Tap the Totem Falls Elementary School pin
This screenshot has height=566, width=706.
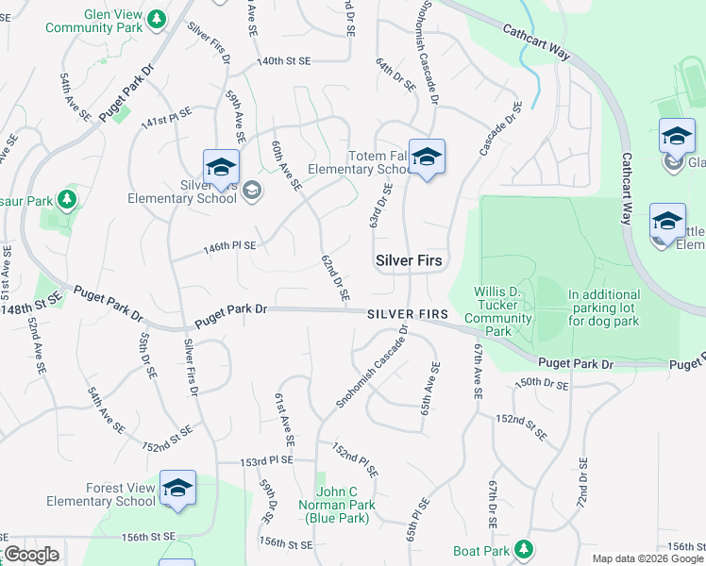427,158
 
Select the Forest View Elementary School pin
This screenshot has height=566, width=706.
177,489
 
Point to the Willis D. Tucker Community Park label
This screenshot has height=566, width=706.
501,311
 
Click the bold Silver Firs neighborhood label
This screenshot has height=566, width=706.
410,259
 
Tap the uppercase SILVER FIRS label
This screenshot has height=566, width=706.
408,313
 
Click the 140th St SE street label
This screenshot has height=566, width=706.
284,60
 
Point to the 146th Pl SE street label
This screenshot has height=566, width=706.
230,246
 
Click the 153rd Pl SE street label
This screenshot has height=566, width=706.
266,460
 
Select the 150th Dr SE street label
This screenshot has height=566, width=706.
543,384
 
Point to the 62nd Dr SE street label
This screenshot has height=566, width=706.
334,277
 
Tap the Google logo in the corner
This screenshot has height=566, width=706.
31,555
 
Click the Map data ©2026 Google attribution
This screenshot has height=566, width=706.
647,558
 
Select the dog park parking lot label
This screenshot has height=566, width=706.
604,308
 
